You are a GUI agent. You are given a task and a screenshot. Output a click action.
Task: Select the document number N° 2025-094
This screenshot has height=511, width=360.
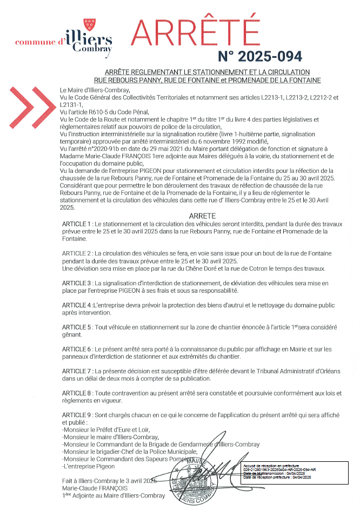[260, 56]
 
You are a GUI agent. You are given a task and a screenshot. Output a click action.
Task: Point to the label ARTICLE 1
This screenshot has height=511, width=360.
[77, 224]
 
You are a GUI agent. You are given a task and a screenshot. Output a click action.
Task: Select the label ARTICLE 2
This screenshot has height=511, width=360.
[77, 253]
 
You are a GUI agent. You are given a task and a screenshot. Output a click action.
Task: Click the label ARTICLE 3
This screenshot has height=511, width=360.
[77, 283]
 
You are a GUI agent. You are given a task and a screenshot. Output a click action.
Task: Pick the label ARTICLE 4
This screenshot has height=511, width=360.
[77, 305]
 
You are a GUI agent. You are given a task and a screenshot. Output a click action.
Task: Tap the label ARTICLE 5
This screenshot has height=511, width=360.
[77, 327]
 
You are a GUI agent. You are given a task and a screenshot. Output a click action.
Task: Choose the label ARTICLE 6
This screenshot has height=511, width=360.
[77, 349]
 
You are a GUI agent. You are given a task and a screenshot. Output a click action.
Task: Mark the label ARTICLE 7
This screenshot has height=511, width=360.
[77, 372]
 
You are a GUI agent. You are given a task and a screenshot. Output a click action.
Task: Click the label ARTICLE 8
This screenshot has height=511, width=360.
[77, 393]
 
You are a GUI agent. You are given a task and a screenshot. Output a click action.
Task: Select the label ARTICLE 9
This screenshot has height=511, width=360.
[77, 415]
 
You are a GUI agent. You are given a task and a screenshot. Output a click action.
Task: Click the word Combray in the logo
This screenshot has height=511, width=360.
[96, 48]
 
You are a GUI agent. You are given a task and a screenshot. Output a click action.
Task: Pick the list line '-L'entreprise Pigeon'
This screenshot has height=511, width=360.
[89, 466]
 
